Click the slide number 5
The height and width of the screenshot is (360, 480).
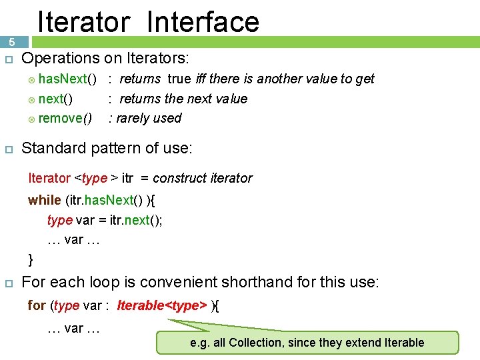(x=11, y=42)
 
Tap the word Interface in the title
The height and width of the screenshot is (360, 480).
(x=203, y=21)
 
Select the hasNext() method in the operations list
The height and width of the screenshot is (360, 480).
(x=67, y=79)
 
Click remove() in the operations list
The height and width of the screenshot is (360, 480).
(x=65, y=118)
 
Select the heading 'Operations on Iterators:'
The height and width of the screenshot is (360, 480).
(x=105, y=58)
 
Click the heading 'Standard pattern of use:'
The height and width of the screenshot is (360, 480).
(x=107, y=148)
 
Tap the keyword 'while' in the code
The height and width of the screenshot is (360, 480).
(x=45, y=200)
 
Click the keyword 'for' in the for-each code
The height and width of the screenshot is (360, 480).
(x=36, y=305)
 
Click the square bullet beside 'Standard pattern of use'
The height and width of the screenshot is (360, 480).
(x=9, y=149)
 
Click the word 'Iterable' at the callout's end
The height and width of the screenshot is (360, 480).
(x=404, y=343)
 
